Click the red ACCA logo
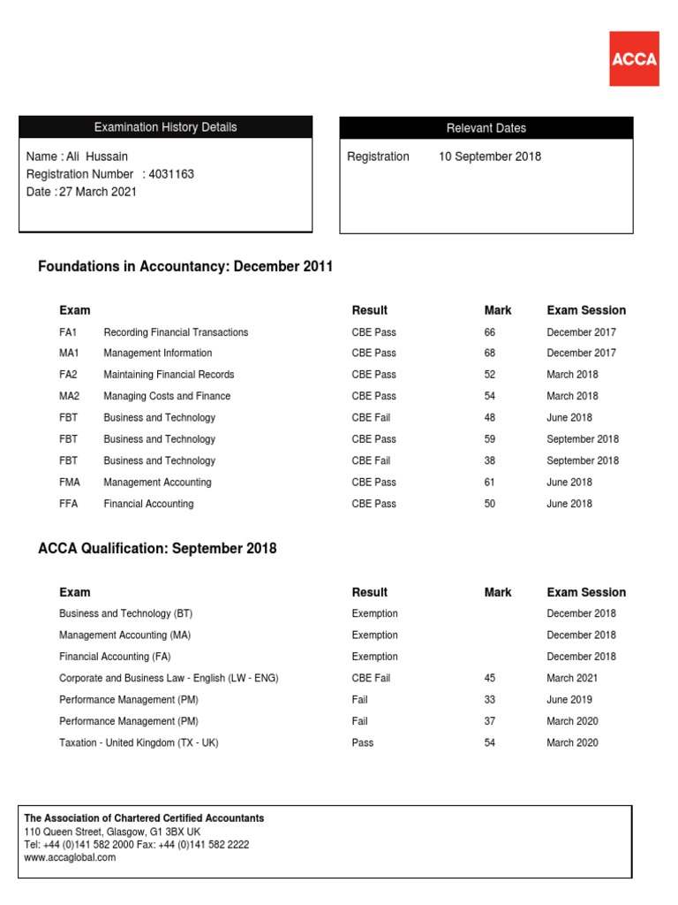click(x=634, y=58)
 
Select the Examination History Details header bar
click(x=165, y=127)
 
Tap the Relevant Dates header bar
click(x=486, y=128)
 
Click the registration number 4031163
click(x=171, y=174)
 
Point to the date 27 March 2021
click(x=98, y=192)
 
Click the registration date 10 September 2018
click(x=490, y=156)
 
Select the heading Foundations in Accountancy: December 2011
click(x=185, y=267)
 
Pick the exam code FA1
click(x=68, y=332)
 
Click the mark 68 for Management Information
click(x=490, y=353)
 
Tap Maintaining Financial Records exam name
click(x=169, y=375)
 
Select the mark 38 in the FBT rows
click(x=490, y=460)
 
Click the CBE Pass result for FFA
click(x=373, y=504)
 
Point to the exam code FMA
click(x=71, y=483)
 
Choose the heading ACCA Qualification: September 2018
click(x=157, y=549)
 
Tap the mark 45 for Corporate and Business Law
click(x=490, y=678)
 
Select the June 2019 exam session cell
click(x=569, y=699)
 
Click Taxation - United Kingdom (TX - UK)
click(x=139, y=742)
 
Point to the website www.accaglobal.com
click(x=70, y=857)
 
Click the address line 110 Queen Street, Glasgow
click(x=112, y=832)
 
